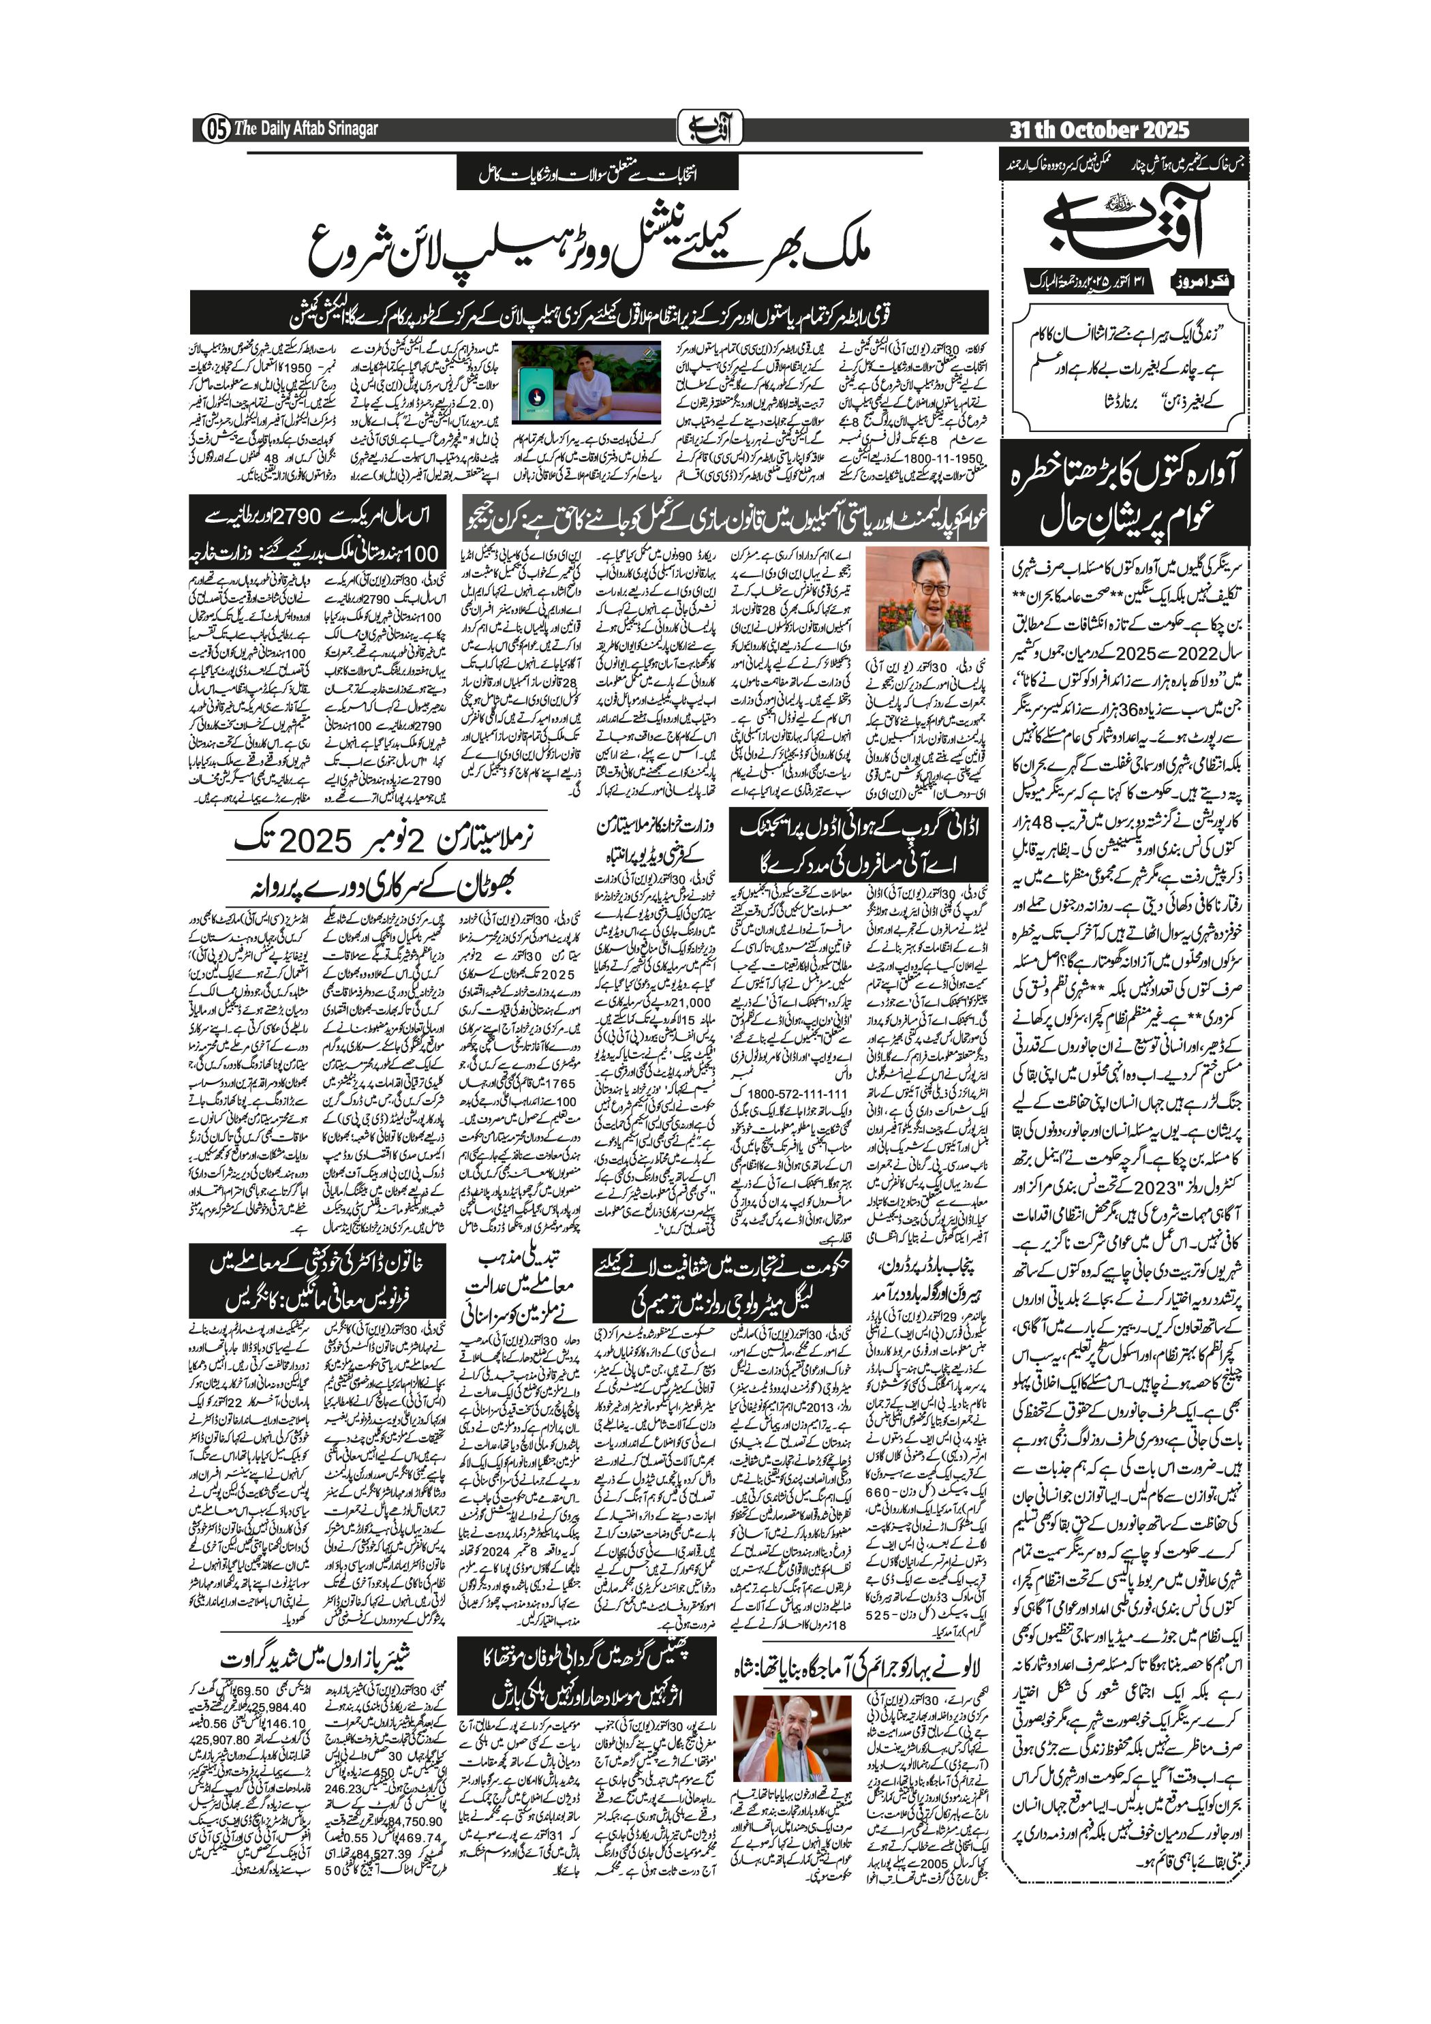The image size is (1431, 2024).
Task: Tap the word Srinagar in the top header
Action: tap(352, 129)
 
